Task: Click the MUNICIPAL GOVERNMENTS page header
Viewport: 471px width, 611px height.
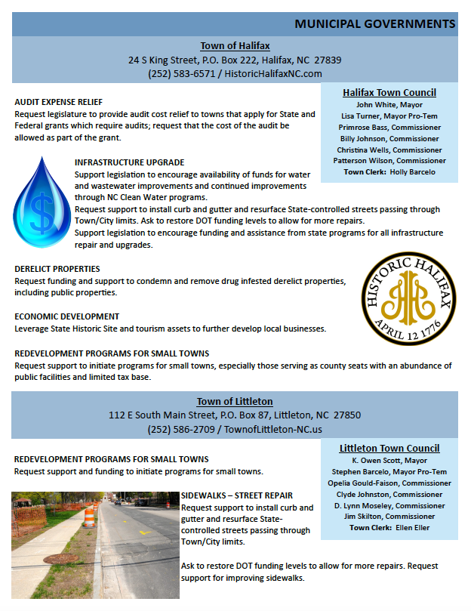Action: [x=374, y=24]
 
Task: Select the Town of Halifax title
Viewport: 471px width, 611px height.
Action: [x=235, y=46]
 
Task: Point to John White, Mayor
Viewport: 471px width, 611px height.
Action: [x=389, y=105]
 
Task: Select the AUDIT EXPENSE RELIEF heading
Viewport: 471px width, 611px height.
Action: [x=58, y=102]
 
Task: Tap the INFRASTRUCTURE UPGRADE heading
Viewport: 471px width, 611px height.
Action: [x=129, y=162]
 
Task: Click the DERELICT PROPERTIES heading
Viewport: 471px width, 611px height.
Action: [x=57, y=269]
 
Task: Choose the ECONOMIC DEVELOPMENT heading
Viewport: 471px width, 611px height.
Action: [x=66, y=316]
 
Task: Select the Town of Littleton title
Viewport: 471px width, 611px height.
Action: [x=235, y=402]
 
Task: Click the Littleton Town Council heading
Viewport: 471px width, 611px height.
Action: [x=389, y=448]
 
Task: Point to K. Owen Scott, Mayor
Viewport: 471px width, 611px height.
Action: [x=389, y=461]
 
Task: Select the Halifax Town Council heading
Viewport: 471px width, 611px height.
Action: [x=389, y=92]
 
